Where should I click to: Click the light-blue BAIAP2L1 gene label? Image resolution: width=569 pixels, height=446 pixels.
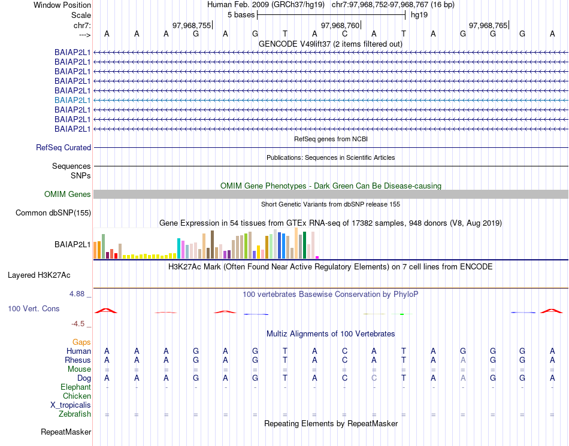pos(72,100)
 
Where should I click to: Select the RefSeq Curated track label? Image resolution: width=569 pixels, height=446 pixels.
pos(63,147)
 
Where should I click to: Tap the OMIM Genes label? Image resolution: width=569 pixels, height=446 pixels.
pos(68,194)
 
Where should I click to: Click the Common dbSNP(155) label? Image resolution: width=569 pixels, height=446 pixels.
pos(53,213)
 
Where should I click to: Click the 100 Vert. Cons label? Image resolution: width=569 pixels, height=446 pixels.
pos(34,308)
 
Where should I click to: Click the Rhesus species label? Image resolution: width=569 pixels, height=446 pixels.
pos(78,360)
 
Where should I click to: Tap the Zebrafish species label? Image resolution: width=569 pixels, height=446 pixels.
pos(75,414)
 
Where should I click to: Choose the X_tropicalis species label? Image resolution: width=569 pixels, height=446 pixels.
pos(71,405)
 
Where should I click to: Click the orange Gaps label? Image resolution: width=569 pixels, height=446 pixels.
pos(81,342)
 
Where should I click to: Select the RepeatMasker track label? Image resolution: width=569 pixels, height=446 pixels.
pos(66,431)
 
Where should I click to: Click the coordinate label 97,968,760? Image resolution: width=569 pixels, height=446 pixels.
pos(340,25)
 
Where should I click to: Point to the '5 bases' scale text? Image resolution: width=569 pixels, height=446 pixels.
pos(241,14)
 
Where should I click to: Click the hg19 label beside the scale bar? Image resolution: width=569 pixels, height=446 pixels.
pos(418,14)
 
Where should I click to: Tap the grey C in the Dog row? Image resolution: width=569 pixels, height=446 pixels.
pos(374,378)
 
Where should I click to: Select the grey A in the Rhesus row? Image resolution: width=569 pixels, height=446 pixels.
pos(463,360)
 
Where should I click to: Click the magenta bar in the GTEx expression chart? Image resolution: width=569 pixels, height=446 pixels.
pos(317,257)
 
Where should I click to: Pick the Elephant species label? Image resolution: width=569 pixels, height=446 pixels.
pos(76,387)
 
